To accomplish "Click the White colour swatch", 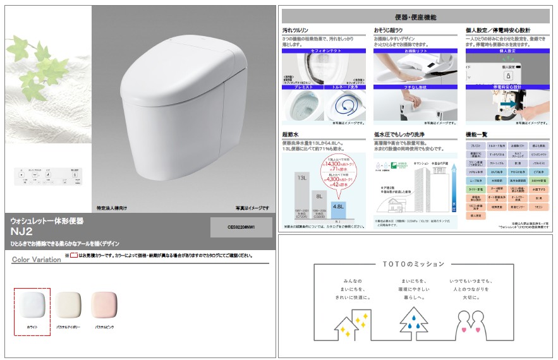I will pos(32,305).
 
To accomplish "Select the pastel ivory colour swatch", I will pos(67,305).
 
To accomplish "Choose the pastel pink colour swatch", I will pos(104,305).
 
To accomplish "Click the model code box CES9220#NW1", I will pos(241,227).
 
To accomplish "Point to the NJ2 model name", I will pos(22,232).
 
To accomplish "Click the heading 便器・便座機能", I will pos(414,17).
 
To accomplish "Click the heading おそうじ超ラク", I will pos(389,30).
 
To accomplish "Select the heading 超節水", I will pos(291,135).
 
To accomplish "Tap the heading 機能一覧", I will pos(476,135).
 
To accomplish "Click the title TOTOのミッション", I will pos(414,263).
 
